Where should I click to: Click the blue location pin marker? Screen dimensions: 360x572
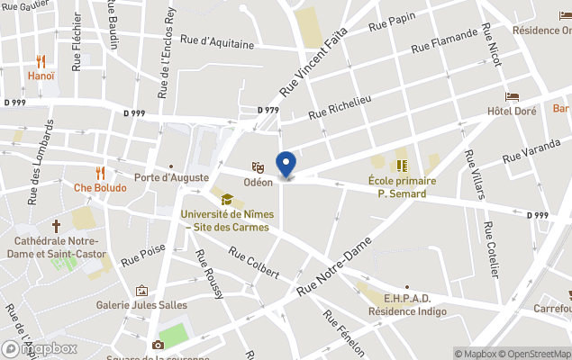286,164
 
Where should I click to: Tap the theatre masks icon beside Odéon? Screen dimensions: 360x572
258,166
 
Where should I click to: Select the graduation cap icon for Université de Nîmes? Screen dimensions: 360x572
227,199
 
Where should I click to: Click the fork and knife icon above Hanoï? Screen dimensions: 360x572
41,61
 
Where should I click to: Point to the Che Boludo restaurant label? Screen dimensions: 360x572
100,187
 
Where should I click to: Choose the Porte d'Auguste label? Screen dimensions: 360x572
170,176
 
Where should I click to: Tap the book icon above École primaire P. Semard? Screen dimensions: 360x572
402,165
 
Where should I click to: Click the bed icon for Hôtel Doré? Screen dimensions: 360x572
512,96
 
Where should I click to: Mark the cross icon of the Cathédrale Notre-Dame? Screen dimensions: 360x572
56,226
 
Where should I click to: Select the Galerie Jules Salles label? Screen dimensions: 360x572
141,305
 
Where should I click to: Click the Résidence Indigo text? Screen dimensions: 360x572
406,311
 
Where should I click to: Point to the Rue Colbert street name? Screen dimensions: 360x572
254,263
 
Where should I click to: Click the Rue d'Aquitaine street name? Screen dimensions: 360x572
218,39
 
